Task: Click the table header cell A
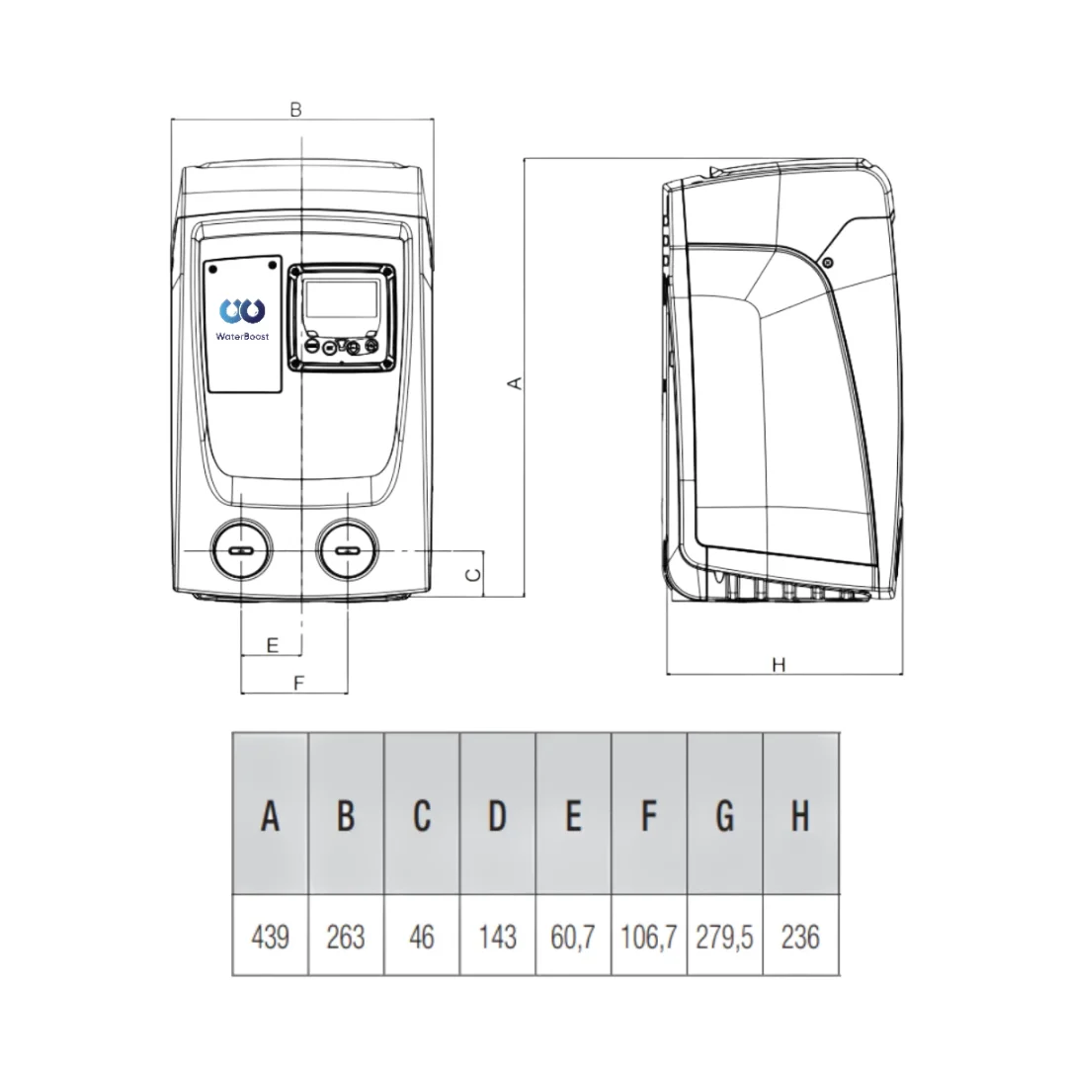270,816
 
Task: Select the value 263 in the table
346,936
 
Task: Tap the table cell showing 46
422,936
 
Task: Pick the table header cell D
497,816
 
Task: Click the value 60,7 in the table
573,936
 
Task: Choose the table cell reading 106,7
649,936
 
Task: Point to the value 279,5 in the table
724,936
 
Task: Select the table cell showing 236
800,936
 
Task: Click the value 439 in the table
270,936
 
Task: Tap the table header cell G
724,816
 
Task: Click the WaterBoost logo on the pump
242,319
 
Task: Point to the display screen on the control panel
341,297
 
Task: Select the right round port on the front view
347,550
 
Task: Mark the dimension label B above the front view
295,110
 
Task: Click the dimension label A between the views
514,382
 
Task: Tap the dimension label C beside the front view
474,573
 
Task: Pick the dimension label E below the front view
273,645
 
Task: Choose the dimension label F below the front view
294,682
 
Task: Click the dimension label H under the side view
779,665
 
